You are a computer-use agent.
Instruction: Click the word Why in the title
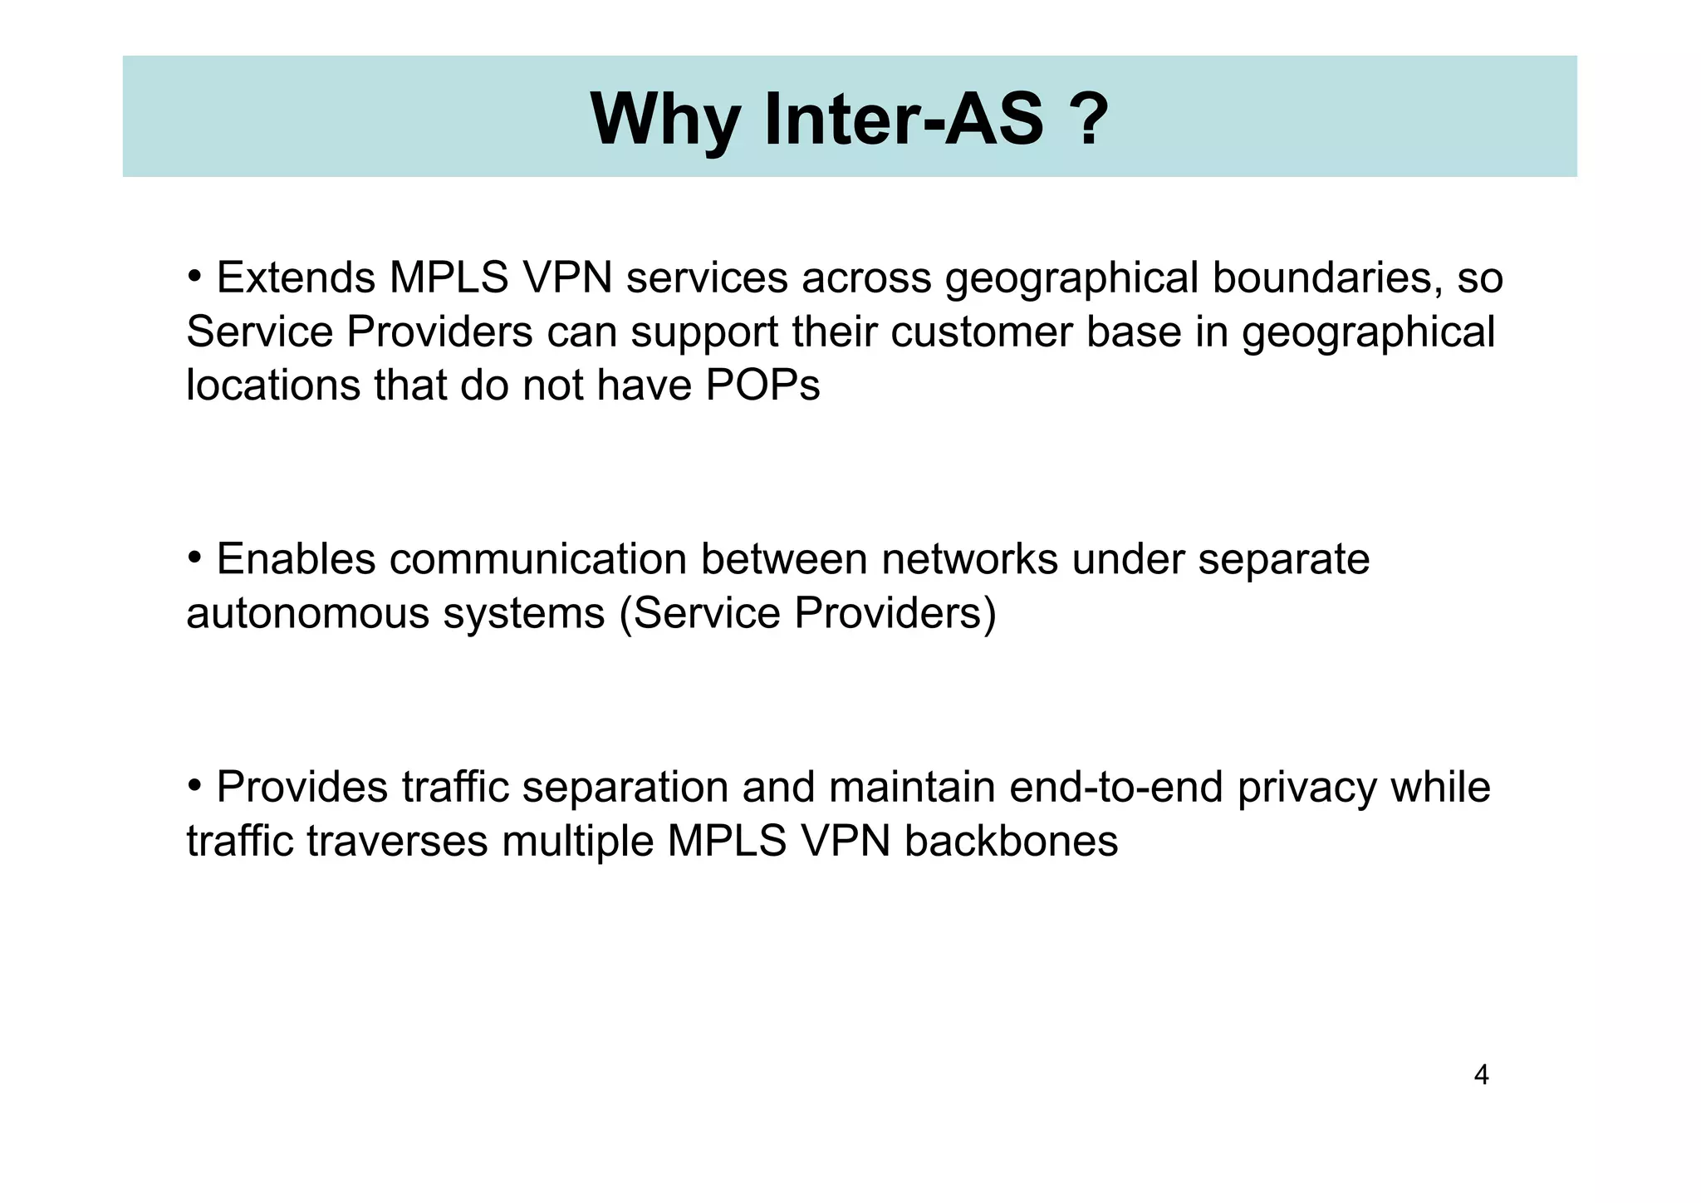[664, 120]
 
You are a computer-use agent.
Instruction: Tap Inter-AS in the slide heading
[903, 120]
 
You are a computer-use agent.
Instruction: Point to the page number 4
[1481, 1075]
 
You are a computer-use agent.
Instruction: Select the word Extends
[296, 277]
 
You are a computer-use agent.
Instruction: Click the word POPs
[762, 385]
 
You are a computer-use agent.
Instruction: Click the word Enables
[296, 559]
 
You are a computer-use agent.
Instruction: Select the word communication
[537, 559]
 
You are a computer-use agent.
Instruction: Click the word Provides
[302, 787]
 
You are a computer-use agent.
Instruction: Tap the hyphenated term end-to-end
[1116, 787]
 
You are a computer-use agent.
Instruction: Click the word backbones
[1011, 841]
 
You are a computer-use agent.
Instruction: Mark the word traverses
[397, 841]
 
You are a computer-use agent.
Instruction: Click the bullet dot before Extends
[195, 275]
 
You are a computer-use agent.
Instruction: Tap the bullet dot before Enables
[195, 557]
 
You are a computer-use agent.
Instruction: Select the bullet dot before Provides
[195, 784]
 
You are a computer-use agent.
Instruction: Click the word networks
[969, 559]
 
